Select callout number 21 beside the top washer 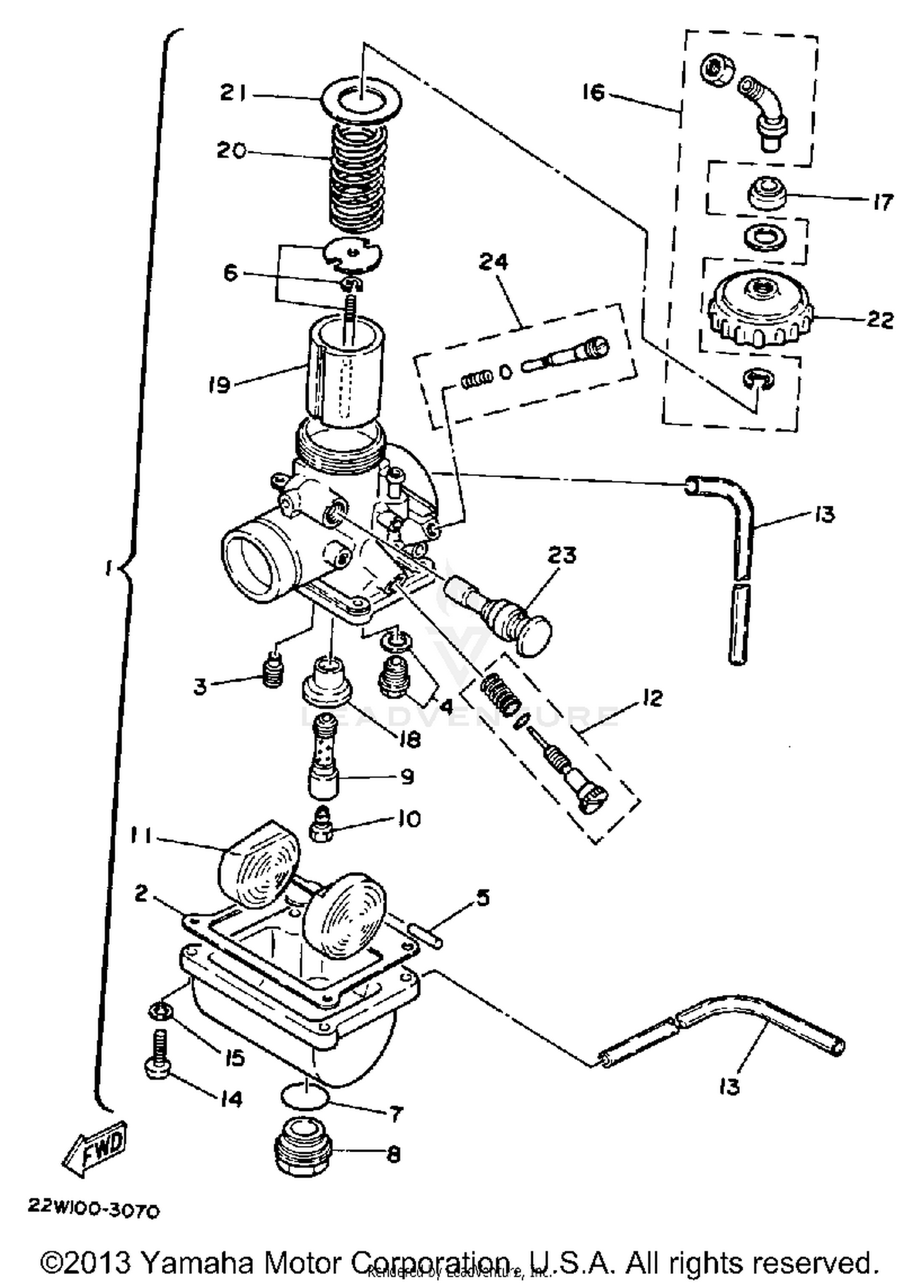click(233, 94)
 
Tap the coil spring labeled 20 click(359, 175)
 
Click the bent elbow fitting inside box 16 click(764, 110)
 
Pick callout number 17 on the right click(882, 201)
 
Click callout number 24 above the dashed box click(494, 262)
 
